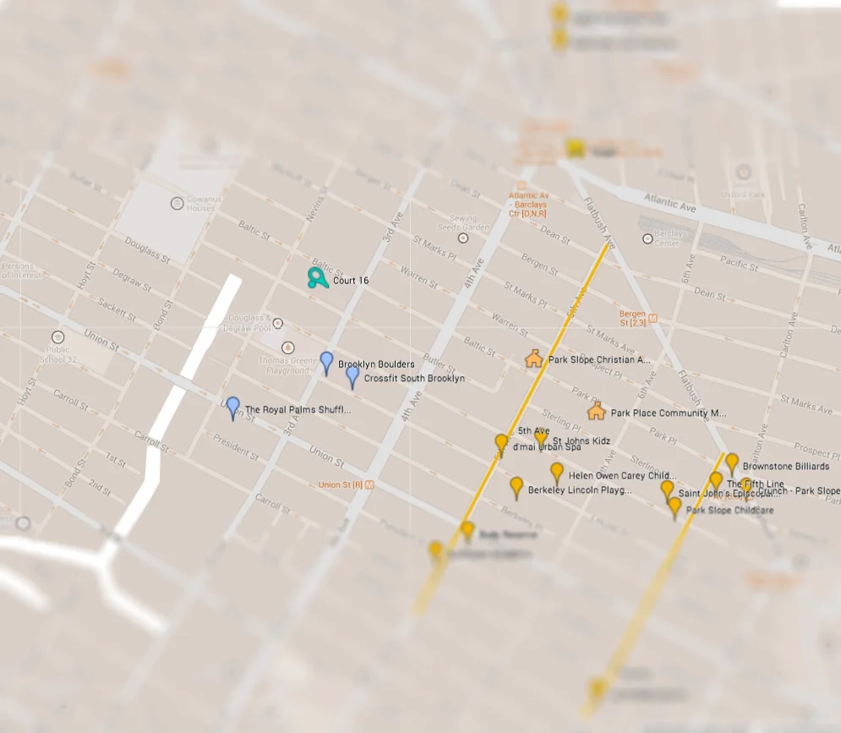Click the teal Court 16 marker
tap(317, 278)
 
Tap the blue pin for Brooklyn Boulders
tap(326, 363)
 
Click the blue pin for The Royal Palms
tap(232, 408)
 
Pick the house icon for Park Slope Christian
tap(533, 358)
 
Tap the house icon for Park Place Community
tap(596, 412)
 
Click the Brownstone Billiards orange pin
tap(732, 463)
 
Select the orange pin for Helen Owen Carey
tap(556, 473)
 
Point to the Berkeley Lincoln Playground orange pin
tap(516, 487)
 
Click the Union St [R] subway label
tap(345, 484)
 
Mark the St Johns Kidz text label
tap(582, 441)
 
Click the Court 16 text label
tap(351, 280)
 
